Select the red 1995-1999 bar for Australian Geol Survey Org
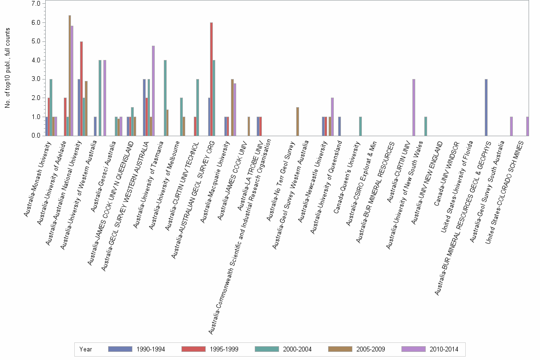[211, 79]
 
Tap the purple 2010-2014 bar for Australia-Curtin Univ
[414, 107]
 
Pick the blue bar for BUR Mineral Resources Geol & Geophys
[486, 107]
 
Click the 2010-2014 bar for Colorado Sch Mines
[528, 126]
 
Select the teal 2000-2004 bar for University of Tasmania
[165, 98]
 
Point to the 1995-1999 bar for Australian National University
[81, 89]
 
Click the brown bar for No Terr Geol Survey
[298, 121]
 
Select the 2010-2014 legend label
[443, 349]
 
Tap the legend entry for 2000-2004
[297, 349]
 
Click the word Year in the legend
[86, 349]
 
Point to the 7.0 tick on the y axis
[36, 4]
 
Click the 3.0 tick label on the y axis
[36, 79]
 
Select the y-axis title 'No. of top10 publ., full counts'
[8, 68]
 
